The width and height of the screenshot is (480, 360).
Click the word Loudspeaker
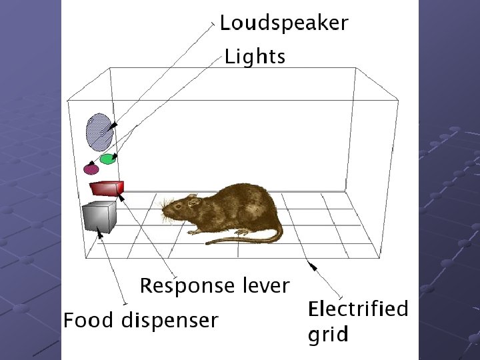284,23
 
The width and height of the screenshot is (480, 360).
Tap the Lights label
255,57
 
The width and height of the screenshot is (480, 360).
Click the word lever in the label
266,286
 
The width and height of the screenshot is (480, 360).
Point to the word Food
89,321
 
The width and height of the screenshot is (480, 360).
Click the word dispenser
169,321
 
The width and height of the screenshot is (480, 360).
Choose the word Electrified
357,309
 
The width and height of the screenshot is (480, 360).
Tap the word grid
327,334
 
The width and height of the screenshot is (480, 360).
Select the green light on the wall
107,159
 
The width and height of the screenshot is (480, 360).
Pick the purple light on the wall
91,169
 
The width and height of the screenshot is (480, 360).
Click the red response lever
107,188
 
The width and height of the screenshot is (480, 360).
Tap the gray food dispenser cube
99,217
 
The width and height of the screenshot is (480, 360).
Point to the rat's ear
192,200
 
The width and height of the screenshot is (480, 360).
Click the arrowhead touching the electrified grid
311,265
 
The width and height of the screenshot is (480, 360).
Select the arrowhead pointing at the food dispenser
99,232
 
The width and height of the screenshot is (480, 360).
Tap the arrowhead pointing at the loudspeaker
115,125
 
